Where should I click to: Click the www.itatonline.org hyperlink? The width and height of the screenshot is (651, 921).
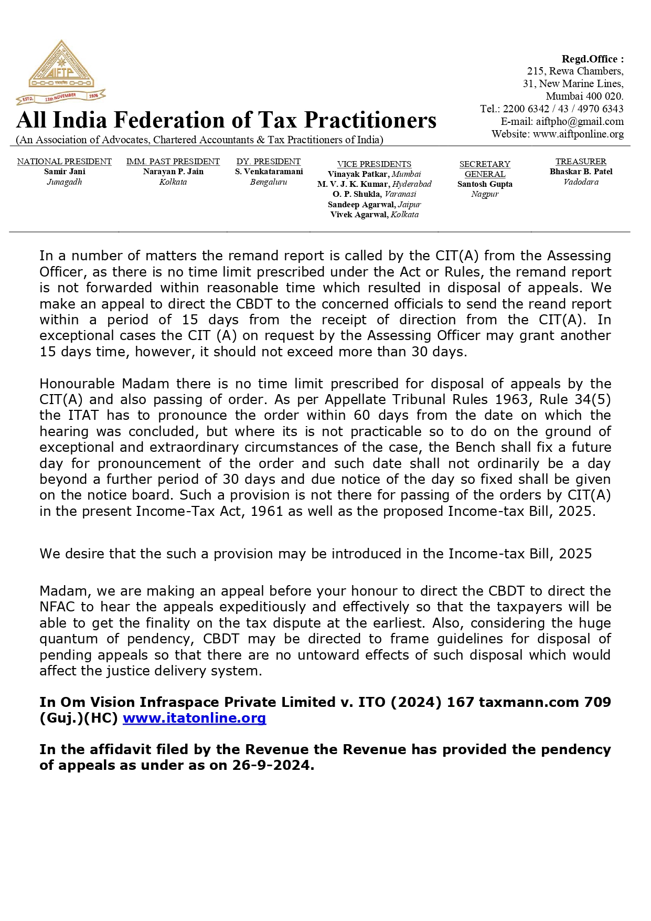coord(194,718)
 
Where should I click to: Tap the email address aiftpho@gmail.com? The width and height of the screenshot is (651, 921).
coord(580,121)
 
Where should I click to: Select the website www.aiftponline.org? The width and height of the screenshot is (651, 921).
coord(578,134)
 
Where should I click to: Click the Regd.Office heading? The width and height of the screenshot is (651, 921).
coord(592,59)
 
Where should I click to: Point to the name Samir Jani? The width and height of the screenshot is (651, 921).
coord(65,172)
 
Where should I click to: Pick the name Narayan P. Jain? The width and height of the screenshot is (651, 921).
coord(173,172)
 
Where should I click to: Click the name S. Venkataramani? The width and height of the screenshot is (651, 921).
coord(269,172)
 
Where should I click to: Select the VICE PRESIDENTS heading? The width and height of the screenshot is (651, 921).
coord(374,164)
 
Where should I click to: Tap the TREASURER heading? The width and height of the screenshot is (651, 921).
coord(581,162)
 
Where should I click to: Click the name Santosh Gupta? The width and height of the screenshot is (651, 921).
coord(485,184)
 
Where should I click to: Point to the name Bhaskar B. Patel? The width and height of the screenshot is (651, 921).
coord(581,172)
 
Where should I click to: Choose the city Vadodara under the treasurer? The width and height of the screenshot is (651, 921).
coord(581,182)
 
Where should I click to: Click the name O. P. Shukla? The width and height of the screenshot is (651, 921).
coord(357,194)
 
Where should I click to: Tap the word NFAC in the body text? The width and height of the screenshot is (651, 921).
coord(57,607)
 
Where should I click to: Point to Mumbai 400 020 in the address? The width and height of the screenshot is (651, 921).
coord(584,96)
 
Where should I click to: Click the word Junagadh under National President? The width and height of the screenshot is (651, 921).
coord(65,182)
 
